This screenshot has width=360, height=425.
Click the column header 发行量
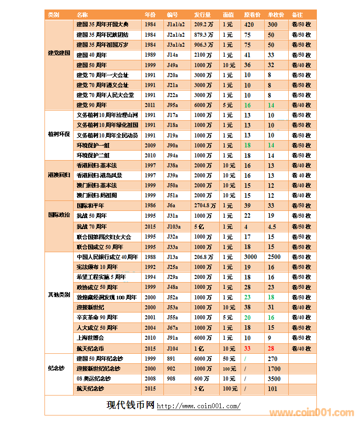202,15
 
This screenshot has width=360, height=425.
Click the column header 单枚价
276,15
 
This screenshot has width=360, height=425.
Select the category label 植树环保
59,135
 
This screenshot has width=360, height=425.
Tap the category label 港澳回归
59,175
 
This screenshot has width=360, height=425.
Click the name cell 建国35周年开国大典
103,24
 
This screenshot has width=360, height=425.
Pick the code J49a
173,65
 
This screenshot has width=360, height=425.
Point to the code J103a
174,226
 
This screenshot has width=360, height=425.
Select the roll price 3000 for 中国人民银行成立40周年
250,257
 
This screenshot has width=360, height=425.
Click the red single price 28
271,348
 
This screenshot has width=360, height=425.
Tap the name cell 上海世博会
90,338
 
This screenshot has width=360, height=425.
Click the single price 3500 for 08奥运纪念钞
274,379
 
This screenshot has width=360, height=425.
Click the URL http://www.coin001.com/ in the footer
198,406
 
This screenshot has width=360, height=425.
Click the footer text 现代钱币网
131,405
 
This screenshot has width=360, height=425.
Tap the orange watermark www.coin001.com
311,413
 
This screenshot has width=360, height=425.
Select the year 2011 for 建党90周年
150,105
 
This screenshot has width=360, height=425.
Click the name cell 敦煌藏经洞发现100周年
107,298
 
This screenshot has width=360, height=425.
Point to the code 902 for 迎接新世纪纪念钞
171,369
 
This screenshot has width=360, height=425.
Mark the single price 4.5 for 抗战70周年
272,226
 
